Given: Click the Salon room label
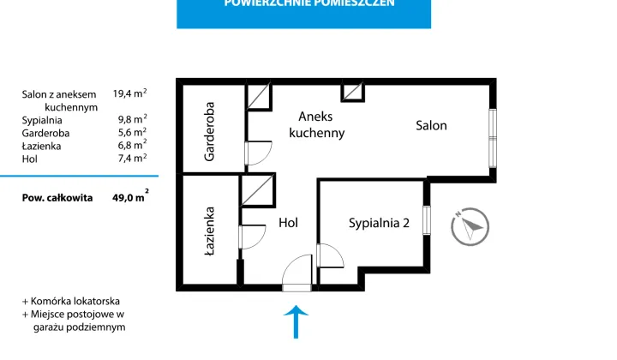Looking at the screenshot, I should (x=431, y=126).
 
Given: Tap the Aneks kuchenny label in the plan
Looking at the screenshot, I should (x=316, y=124).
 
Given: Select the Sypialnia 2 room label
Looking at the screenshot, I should (x=379, y=224).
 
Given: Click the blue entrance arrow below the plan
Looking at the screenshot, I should (x=296, y=323).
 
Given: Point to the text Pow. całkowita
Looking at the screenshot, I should (x=58, y=197).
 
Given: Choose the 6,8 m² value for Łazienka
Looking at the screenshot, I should (x=129, y=146).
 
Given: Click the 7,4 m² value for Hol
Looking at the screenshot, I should (x=129, y=159).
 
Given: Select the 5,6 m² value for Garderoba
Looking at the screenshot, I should (x=129, y=133).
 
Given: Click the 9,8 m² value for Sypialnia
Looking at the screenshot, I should (x=129, y=120).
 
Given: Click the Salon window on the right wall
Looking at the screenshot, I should (x=493, y=137).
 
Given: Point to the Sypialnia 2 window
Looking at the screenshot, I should (x=427, y=224).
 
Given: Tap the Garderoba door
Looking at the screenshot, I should (x=255, y=153).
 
